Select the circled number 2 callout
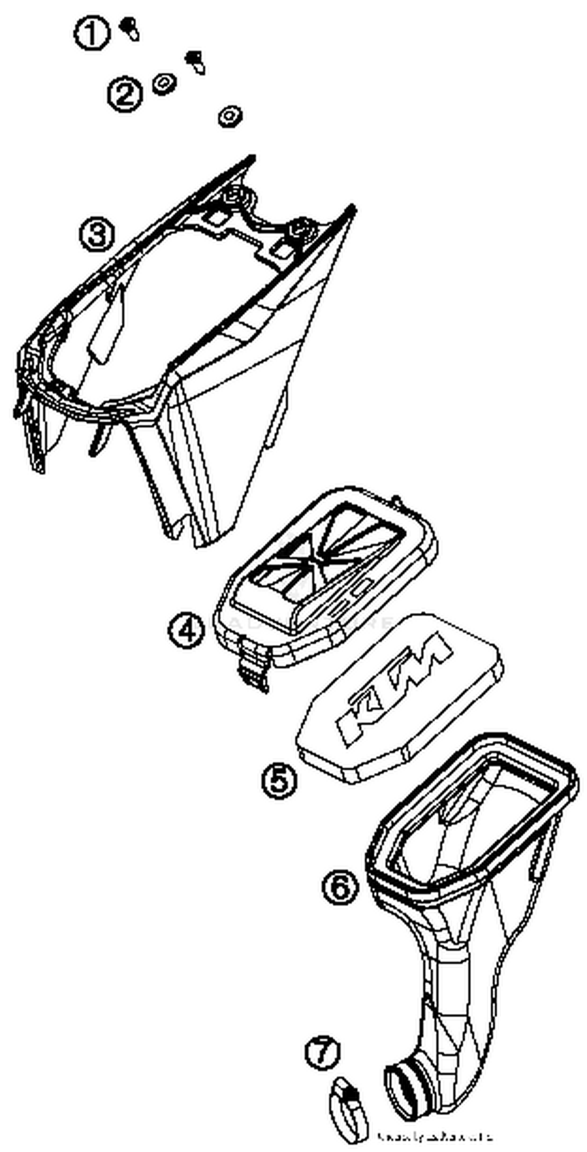tap(125, 94)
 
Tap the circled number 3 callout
tap(97, 235)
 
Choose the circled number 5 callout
tap(279, 781)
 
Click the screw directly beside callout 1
tap(130, 29)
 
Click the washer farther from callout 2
tap(230, 117)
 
